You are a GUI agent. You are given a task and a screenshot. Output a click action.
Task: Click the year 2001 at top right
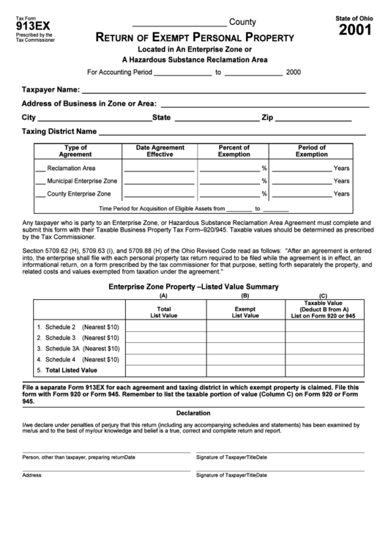click(x=354, y=30)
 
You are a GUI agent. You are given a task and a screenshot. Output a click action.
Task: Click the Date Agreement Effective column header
click(x=160, y=151)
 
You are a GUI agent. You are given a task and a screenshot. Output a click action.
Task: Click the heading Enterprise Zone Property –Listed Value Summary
click(x=193, y=287)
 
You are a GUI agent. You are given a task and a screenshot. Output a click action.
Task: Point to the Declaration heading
click(x=193, y=412)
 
